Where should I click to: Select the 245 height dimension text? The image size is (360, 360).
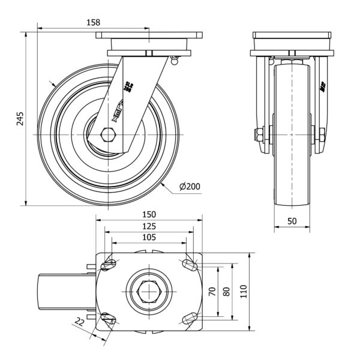pyautogui.click(x=20, y=117)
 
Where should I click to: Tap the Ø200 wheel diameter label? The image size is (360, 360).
pyautogui.click(x=190, y=187)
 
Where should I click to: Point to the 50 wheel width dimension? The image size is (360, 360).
pyautogui.click(x=292, y=221)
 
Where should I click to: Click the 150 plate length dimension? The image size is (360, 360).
pyautogui.click(x=149, y=214)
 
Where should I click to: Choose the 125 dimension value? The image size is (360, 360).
pyautogui.click(x=149, y=226)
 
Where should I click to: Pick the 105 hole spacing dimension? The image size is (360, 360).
pyautogui.click(x=149, y=238)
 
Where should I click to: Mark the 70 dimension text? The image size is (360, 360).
pyautogui.click(x=211, y=291)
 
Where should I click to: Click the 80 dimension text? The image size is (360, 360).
pyautogui.click(x=226, y=291)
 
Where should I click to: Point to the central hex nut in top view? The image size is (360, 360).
pyautogui.click(x=148, y=292)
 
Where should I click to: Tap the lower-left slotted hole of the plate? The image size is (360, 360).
pyautogui.click(x=110, y=319)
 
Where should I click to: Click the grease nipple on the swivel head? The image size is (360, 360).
pyautogui.click(x=175, y=59)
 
